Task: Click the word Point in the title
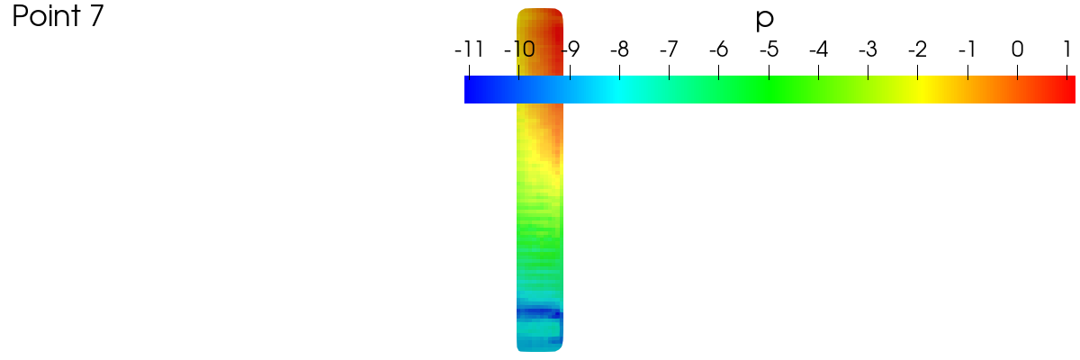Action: click(x=46, y=15)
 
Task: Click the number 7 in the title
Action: click(x=96, y=15)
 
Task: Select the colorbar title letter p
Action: click(x=765, y=20)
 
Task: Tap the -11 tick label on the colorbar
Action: click(x=469, y=49)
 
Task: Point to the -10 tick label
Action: click(x=519, y=49)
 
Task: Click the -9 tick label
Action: click(x=571, y=49)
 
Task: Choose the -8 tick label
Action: click(x=619, y=49)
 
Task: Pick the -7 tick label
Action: click(x=670, y=49)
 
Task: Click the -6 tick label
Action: click(x=719, y=49)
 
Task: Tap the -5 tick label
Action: click(x=769, y=49)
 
